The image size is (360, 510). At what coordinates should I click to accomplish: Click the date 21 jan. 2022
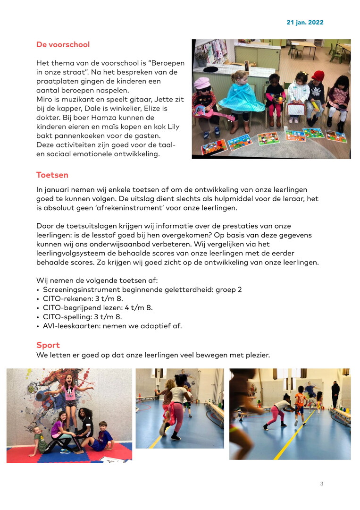click(x=305, y=22)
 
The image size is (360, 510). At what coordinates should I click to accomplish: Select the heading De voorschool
click(x=63, y=45)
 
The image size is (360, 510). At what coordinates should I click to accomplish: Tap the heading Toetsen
click(x=52, y=175)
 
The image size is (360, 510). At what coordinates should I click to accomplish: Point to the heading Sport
click(x=48, y=345)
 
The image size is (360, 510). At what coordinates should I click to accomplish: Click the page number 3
click(x=322, y=484)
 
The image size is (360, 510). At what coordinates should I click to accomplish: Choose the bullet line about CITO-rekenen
click(x=83, y=298)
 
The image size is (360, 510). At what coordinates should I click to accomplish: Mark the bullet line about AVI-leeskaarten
click(x=112, y=326)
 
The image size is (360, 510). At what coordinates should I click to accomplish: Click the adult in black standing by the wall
click(x=335, y=394)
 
